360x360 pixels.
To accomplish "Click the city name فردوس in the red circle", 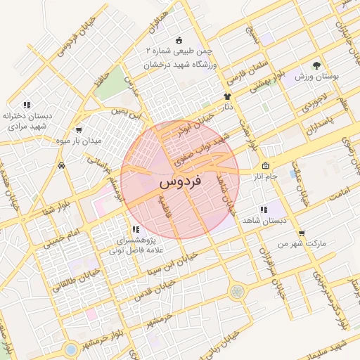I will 180,181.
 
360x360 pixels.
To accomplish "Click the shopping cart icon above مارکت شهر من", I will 301,233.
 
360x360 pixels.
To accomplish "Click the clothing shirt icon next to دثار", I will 227,96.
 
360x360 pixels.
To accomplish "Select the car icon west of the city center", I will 62,166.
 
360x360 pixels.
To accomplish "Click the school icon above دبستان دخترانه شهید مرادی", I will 26,105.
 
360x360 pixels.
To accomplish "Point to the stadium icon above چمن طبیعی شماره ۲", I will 179,39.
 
